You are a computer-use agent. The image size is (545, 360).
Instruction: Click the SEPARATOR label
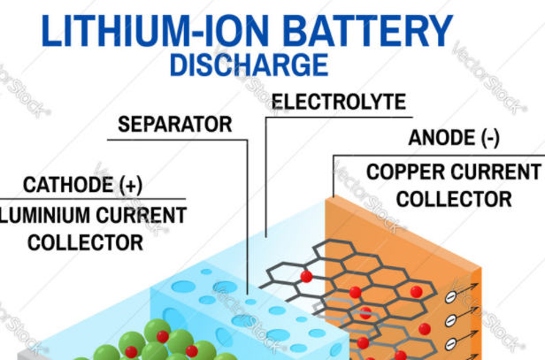tap(173, 124)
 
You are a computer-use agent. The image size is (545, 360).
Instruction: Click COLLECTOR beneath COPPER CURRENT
tap(454, 198)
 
